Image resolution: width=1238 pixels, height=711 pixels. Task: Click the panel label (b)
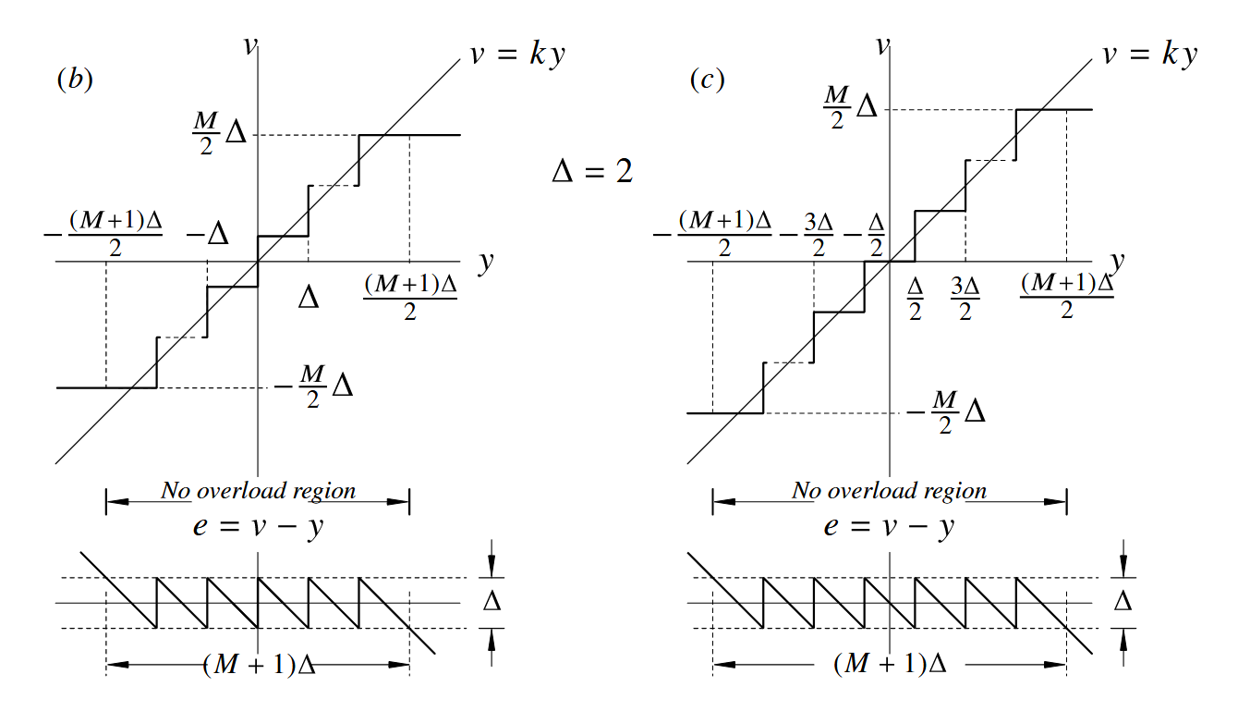click(75, 80)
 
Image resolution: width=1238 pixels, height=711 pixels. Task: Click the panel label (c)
click(708, 80)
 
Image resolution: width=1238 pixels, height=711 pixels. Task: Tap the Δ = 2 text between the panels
click(592, 172)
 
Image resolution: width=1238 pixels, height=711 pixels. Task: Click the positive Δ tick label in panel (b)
click(308, 296)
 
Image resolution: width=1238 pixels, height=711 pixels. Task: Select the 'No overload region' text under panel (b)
click(258, 490)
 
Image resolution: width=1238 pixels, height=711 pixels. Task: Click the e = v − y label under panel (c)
click(889, 526)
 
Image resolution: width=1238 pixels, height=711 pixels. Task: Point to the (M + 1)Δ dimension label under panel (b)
click(260, 665)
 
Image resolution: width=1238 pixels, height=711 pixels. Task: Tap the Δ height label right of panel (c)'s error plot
click(1123, 602)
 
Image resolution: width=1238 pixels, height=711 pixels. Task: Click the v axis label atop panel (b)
click(249, 44)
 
